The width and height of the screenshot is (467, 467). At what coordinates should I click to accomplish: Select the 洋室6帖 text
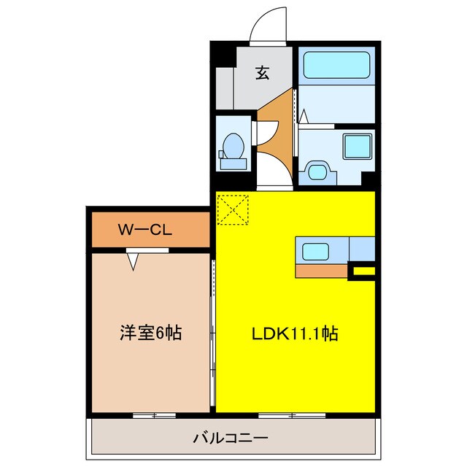pyautogui.click(x=150, y=333)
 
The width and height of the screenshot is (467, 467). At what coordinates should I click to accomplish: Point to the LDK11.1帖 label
pyautogui.click(x=295, y=333)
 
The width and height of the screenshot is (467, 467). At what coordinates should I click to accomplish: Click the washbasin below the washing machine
pyautogui.click(x=320, y=171)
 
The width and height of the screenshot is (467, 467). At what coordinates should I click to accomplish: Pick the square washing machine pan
pyautogui.click(x=358, y=145)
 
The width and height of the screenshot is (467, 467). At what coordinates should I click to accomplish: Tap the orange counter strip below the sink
pyautogui.click(x=320, y=271)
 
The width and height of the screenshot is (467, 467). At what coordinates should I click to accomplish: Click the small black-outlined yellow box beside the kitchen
pyautogui.click(x=363, y=272)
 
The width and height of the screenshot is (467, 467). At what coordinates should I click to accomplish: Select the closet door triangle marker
pyautogui.click(x=134, y=260)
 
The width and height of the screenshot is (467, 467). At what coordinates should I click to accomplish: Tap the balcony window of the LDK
pyautogui.click(x=291, y=414)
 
